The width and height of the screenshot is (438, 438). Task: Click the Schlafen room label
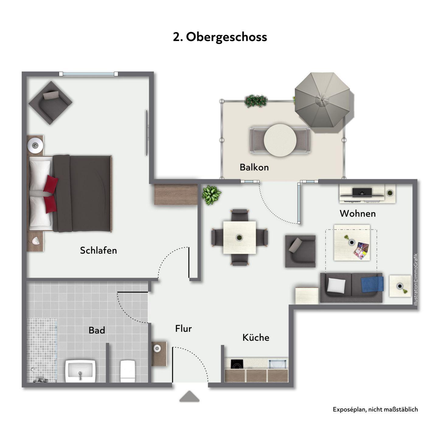click(99, 250)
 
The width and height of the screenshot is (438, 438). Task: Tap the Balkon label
click(254, 167)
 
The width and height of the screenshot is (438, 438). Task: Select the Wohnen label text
click(357, 214)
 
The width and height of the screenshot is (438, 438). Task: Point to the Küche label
click(256, 337)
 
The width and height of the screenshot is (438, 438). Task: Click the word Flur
click(183, 328)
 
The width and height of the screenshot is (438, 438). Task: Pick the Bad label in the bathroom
click(97, 330)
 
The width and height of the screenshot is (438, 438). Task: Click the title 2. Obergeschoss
click(220, 37)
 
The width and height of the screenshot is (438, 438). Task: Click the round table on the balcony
click(280, 140)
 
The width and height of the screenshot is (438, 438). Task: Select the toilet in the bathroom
click(128, 371)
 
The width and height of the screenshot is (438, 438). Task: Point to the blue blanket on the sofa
click(372, 284)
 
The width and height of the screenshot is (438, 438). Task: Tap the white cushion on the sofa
click(336, 286)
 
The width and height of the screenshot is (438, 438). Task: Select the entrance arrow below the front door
click(189, 396)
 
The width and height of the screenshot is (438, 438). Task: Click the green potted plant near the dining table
click(211, 195)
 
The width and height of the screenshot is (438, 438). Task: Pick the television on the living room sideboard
click(362, 192)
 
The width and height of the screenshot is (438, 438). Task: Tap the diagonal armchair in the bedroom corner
click(50, 103)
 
